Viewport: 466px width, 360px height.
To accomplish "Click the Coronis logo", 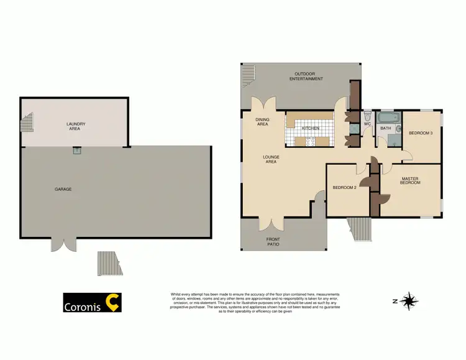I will [x=93, y=303].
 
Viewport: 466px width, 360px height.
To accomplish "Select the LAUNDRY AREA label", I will [x=76, y=126].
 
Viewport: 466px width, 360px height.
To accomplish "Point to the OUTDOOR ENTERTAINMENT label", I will [x=309, y=77].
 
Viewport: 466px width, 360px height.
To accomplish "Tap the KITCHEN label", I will [x=311, y=128].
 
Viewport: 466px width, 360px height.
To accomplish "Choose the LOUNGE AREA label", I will [x=271, y=159].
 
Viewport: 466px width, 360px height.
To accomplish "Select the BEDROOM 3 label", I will [x=421, y=132].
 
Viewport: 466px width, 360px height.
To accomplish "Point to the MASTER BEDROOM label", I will [x=410, y=181].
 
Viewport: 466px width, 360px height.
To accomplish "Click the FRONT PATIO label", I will [x=273, y=242].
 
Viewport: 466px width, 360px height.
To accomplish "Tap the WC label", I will [x=367, y=124].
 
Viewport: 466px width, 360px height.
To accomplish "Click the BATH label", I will [x=386, y=129].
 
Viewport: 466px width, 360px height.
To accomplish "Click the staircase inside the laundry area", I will [x=27, y=126].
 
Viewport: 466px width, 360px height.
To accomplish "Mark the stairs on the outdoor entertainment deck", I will [x=249, y=75].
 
